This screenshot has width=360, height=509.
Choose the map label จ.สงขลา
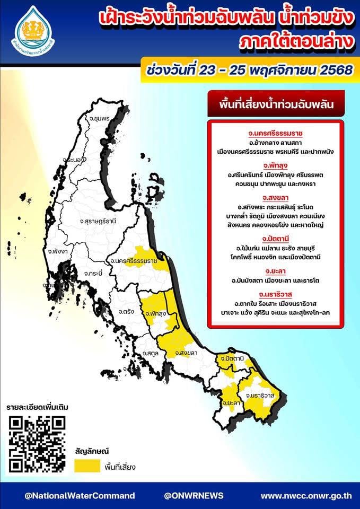[x=185, y=353]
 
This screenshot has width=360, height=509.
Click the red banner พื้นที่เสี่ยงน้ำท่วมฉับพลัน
[x=276, y=104]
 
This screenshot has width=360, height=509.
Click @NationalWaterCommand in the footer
[x=80, y=496]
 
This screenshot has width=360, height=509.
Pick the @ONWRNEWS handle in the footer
[x=194, y=496]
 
